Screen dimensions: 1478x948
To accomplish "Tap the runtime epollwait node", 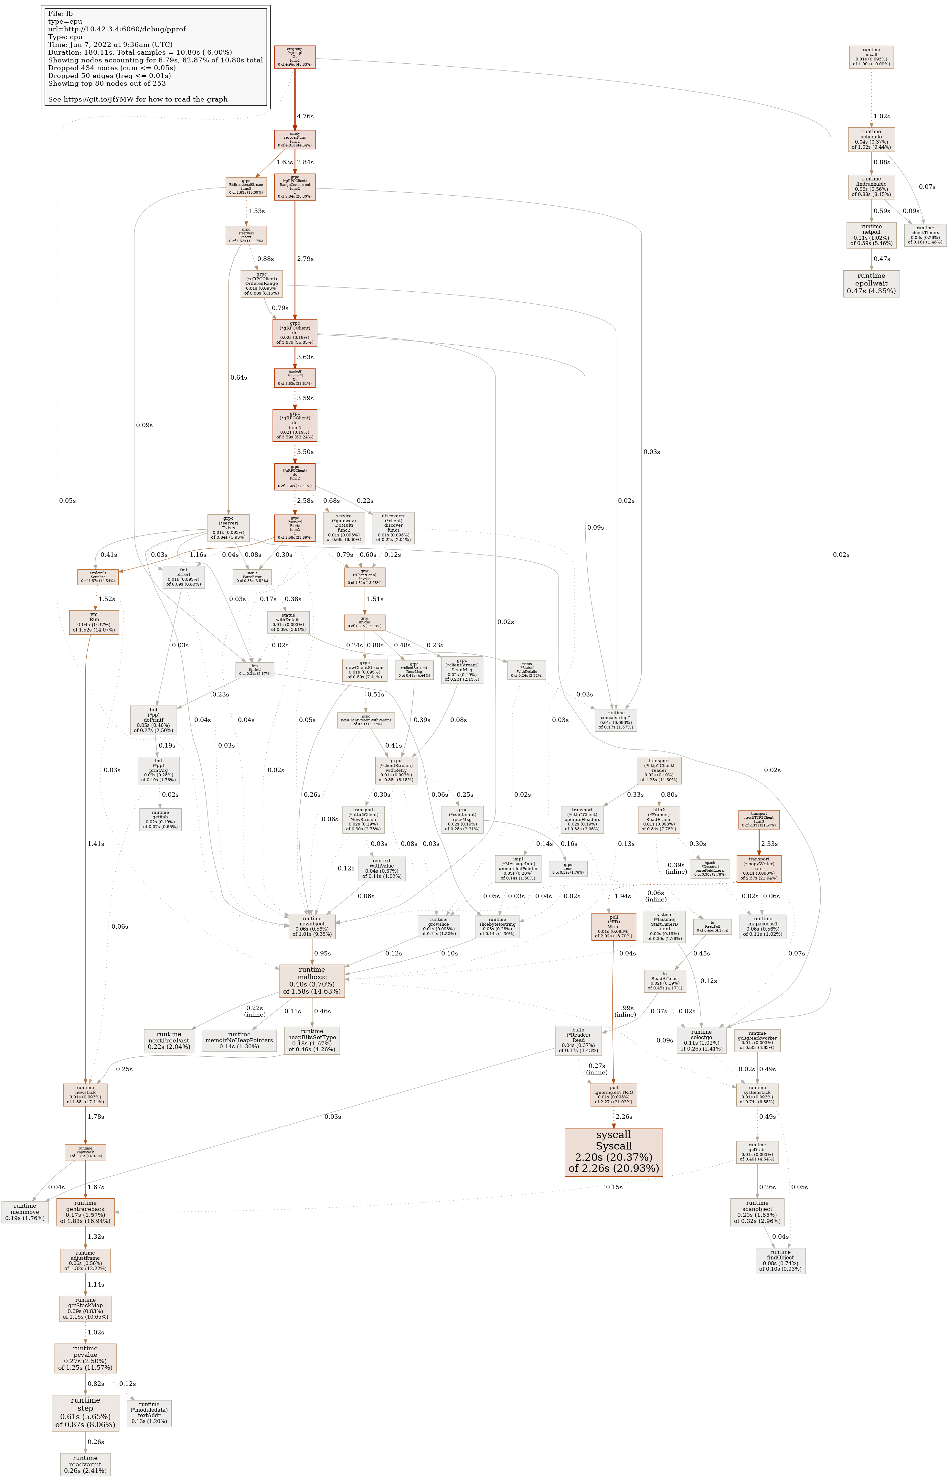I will pos(871,283).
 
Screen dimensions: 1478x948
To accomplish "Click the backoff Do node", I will pos(295,378).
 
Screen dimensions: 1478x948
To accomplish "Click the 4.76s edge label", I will pos(305,116).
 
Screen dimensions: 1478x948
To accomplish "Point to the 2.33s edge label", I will pos(770,844).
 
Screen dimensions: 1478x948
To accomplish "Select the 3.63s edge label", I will pos(305,357).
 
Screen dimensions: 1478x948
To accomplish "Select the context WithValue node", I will pos(382,868).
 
